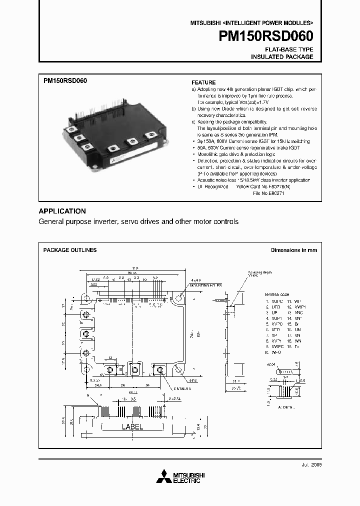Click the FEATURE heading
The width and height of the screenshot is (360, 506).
pyautogui.click(x=204, y=82)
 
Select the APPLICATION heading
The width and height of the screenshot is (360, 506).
pyautogui.click(x=62, y=211)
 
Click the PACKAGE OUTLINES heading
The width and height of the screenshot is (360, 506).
pyautogui.click(x=70, y=250)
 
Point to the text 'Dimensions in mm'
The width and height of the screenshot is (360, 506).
pyautogui.click(x=294, y=250)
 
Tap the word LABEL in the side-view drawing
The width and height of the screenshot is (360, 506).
pyautogui.click(x=132, y=427)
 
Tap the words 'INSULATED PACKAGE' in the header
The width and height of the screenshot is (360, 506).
pyautogui.click(x=282, y=57)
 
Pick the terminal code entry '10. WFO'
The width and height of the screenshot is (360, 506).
pyautogui.click(x=273, y=352)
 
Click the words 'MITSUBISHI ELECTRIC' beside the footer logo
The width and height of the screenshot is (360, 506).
pyautogui.click(x=186, y=477)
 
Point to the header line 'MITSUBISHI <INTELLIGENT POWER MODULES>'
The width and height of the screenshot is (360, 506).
pyautogui.click(x=251, y=23)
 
